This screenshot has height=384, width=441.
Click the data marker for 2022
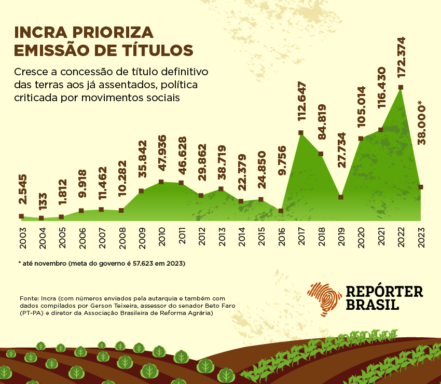(x=401, y=87)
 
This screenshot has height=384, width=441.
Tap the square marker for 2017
(x=301, y=133)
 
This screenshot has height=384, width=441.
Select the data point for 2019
(x=341, y=197)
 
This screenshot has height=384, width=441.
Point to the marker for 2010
(x=161, y=182)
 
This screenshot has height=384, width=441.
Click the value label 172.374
(x=401, y=57)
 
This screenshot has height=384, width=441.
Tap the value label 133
(x=42, y=199)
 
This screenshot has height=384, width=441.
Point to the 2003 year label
(x=21, y=237)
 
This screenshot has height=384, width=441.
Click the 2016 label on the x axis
(x=281, y=237)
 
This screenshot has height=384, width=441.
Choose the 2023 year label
(x=421, y=237)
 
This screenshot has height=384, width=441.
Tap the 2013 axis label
(x=221, y=237)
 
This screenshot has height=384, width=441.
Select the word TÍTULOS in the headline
(x=156, y=50)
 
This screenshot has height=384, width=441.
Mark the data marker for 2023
(x=421, y=187)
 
